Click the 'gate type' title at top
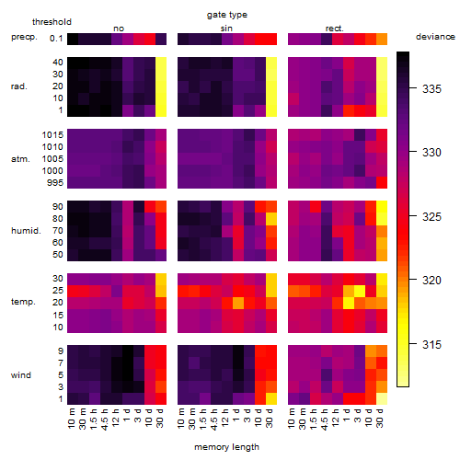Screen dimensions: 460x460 coord(227,15)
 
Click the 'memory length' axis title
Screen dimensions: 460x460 coord(226,447)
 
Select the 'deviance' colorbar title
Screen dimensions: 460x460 coord(435,37)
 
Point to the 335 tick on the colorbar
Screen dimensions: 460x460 coord(413,87)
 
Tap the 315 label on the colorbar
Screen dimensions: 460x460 coord(431,344)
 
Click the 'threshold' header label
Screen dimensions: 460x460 coord(52,22)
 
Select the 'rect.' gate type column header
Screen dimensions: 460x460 coord(334,29)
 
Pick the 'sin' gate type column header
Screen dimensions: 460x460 coord(226,29)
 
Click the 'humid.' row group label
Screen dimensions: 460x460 coord(26,231)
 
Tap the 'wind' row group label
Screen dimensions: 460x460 coord(21,375)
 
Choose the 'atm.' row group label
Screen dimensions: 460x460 coord(20,159)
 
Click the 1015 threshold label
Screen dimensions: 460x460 coord(52,135)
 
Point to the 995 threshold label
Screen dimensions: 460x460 coord(55,183)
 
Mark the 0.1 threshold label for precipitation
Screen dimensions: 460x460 coord(56,39)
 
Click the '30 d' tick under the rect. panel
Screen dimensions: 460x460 coord(380,418)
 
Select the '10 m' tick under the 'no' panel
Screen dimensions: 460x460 coord(71,418)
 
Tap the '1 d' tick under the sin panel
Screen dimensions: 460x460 coord(236,415)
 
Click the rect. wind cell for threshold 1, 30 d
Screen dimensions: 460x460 coord(382,398)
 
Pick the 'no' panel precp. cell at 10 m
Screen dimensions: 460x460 coord(73,39)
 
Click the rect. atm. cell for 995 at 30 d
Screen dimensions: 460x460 coord(382,183)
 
